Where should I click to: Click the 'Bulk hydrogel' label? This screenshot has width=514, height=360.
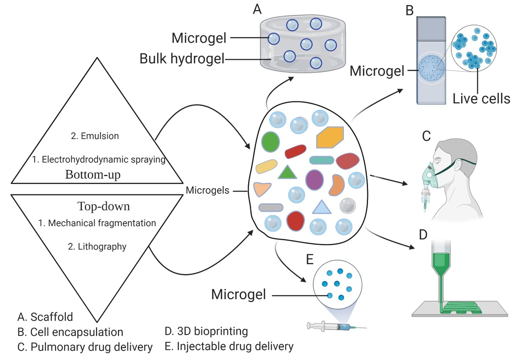pos(182,59)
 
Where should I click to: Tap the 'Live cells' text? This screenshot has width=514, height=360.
pos(481,99)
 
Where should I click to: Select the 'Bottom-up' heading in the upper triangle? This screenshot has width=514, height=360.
pos(93,174)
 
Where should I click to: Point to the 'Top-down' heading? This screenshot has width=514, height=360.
pos(104,206)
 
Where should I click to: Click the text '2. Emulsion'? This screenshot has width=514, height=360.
pos(95,136)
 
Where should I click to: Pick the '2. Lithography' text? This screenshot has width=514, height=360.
pos(97,246)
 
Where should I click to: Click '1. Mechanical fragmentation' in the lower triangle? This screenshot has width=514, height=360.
pos(97,223)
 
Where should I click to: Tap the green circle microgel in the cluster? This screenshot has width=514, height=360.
pos(270,141)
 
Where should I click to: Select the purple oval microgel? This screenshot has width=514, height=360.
pos(314,180)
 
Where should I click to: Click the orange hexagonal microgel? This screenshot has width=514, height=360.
pos(329,137)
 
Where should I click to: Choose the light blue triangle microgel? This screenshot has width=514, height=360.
pos(321,208)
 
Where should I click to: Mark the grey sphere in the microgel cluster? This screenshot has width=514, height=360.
pos(347,206)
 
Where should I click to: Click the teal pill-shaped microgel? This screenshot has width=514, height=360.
pos(321,160)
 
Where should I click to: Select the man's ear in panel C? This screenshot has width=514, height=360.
pos(458,165)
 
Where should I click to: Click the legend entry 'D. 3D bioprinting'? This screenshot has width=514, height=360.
pos(206,331)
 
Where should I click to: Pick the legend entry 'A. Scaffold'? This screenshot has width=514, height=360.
pos(45,317)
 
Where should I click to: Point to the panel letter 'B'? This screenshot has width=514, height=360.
pos(409,11)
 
